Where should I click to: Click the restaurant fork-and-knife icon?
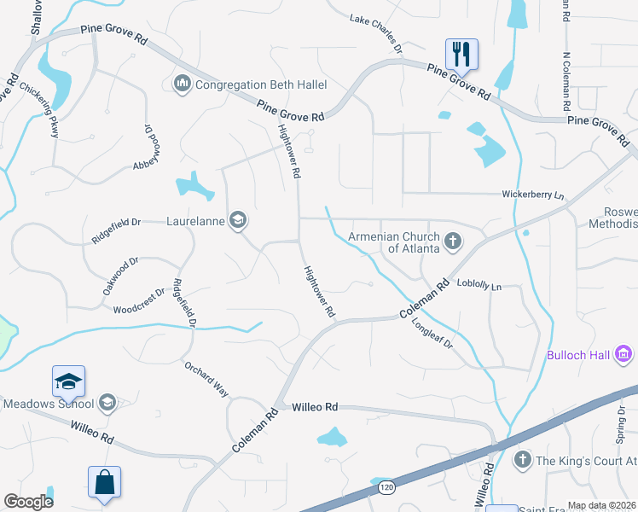click(x=461, y=55)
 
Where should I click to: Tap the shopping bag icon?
click(x=104, y=482)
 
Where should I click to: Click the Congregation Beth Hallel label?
click(x=260, y=84)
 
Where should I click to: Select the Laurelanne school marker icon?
click(x=238, y=221)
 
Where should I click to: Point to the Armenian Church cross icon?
click(x=453, y=242)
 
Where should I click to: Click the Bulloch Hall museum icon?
click(x=623, y=352)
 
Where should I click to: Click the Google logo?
click(x=28, y=501)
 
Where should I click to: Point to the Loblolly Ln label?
click(x=478, y=285)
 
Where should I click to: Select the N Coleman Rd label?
click(x=565, y=82)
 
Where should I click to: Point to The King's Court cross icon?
click(x=521, y=460)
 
